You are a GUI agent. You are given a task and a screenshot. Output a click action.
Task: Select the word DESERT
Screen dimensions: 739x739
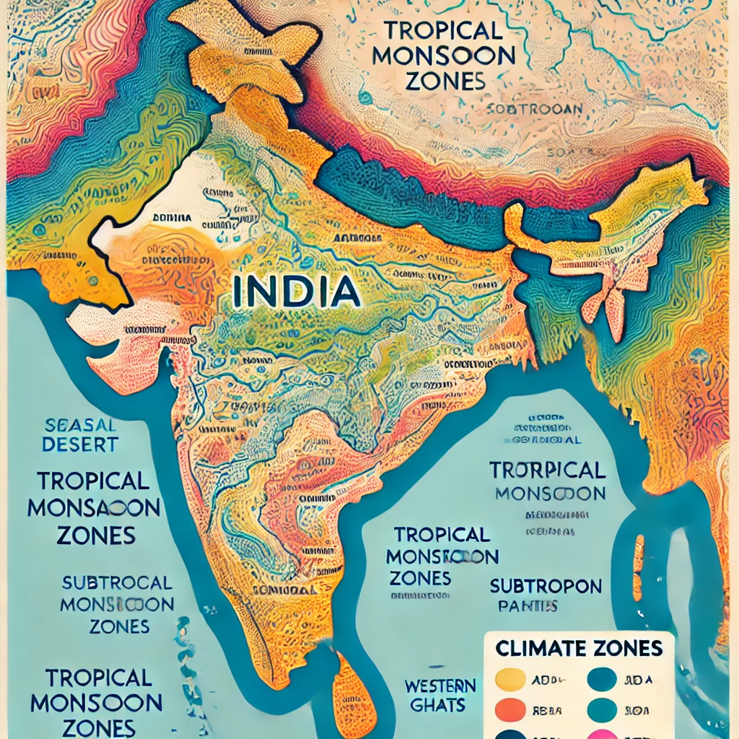79,445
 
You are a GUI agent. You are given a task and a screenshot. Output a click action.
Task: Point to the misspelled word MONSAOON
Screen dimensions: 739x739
94,508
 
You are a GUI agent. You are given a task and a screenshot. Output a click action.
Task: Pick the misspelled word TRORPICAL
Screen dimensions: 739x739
547,471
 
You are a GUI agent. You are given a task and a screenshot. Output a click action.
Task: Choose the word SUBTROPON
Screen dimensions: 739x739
546,585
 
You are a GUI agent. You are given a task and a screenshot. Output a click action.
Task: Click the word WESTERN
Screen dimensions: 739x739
440,685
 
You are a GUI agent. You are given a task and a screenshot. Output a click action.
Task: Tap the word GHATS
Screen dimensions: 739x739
441,705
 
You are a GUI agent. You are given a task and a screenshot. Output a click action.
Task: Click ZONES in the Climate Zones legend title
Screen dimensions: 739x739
626,648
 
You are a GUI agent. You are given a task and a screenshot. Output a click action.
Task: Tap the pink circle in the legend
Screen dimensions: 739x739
602,733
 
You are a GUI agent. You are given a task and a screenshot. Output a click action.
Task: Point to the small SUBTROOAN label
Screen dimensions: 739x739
534,110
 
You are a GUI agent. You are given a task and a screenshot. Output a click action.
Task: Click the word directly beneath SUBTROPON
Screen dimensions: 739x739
528,605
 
